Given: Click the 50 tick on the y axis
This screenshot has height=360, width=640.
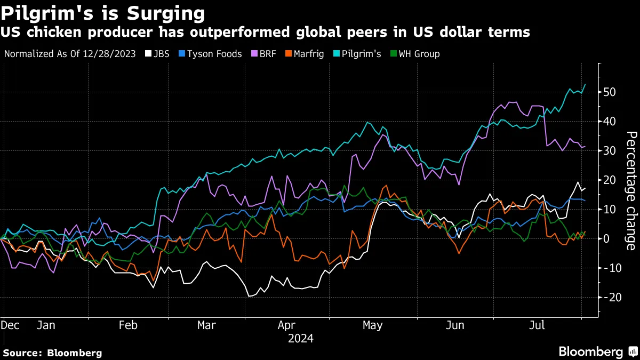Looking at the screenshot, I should click(610, 92).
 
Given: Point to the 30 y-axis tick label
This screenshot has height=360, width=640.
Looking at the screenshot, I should click(610, 151).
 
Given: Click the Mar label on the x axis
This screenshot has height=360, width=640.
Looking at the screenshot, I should click(206, 325).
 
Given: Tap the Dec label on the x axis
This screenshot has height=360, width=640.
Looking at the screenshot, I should click(11, 325).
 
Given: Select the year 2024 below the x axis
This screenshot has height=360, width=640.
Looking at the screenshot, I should click(300, 338).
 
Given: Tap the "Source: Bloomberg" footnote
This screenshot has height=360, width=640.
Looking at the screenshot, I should click(52, 353).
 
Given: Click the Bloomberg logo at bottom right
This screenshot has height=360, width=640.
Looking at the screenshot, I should click(597, 351).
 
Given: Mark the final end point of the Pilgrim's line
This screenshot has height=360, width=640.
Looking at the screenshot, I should click(585, 84).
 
